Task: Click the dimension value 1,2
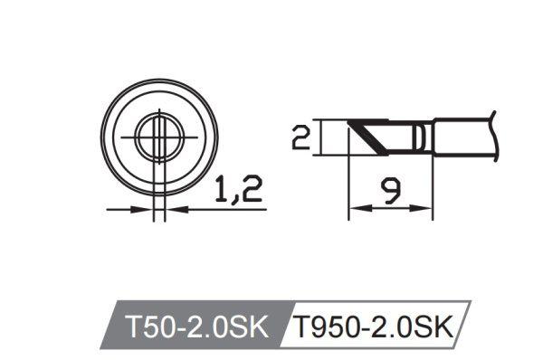(238, 189)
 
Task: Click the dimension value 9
(390, 188)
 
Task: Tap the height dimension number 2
(301, 138)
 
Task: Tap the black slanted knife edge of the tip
(367, 135)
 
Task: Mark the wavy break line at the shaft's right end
(494, 136)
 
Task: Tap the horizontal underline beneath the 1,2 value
(222, 209)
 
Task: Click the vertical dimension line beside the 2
(321, 138)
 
